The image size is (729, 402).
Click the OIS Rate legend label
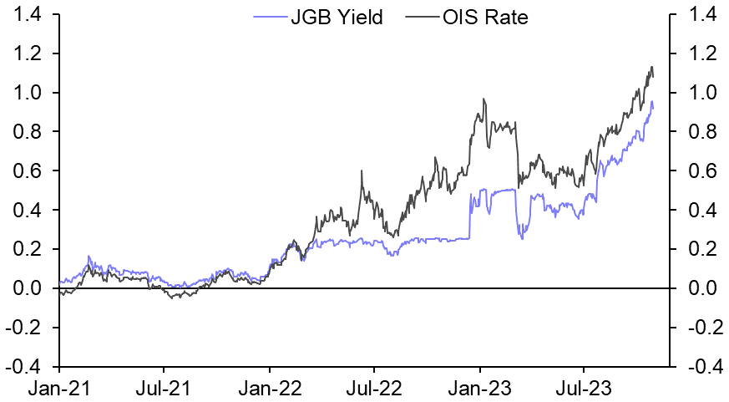click(x=486, y=17)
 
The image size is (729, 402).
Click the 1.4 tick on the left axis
click(x=31, y=14)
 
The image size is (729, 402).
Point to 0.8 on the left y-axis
click(x=31, y=131)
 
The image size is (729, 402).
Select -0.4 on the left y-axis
click(x=28, y=366)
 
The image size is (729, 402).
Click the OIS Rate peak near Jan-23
click(x=483, y=99)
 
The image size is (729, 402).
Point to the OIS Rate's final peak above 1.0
click(x=651, y=67)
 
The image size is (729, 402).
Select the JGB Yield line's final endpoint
click(x=653, y=108)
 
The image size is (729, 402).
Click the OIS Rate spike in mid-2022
click(x=362, y=171)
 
